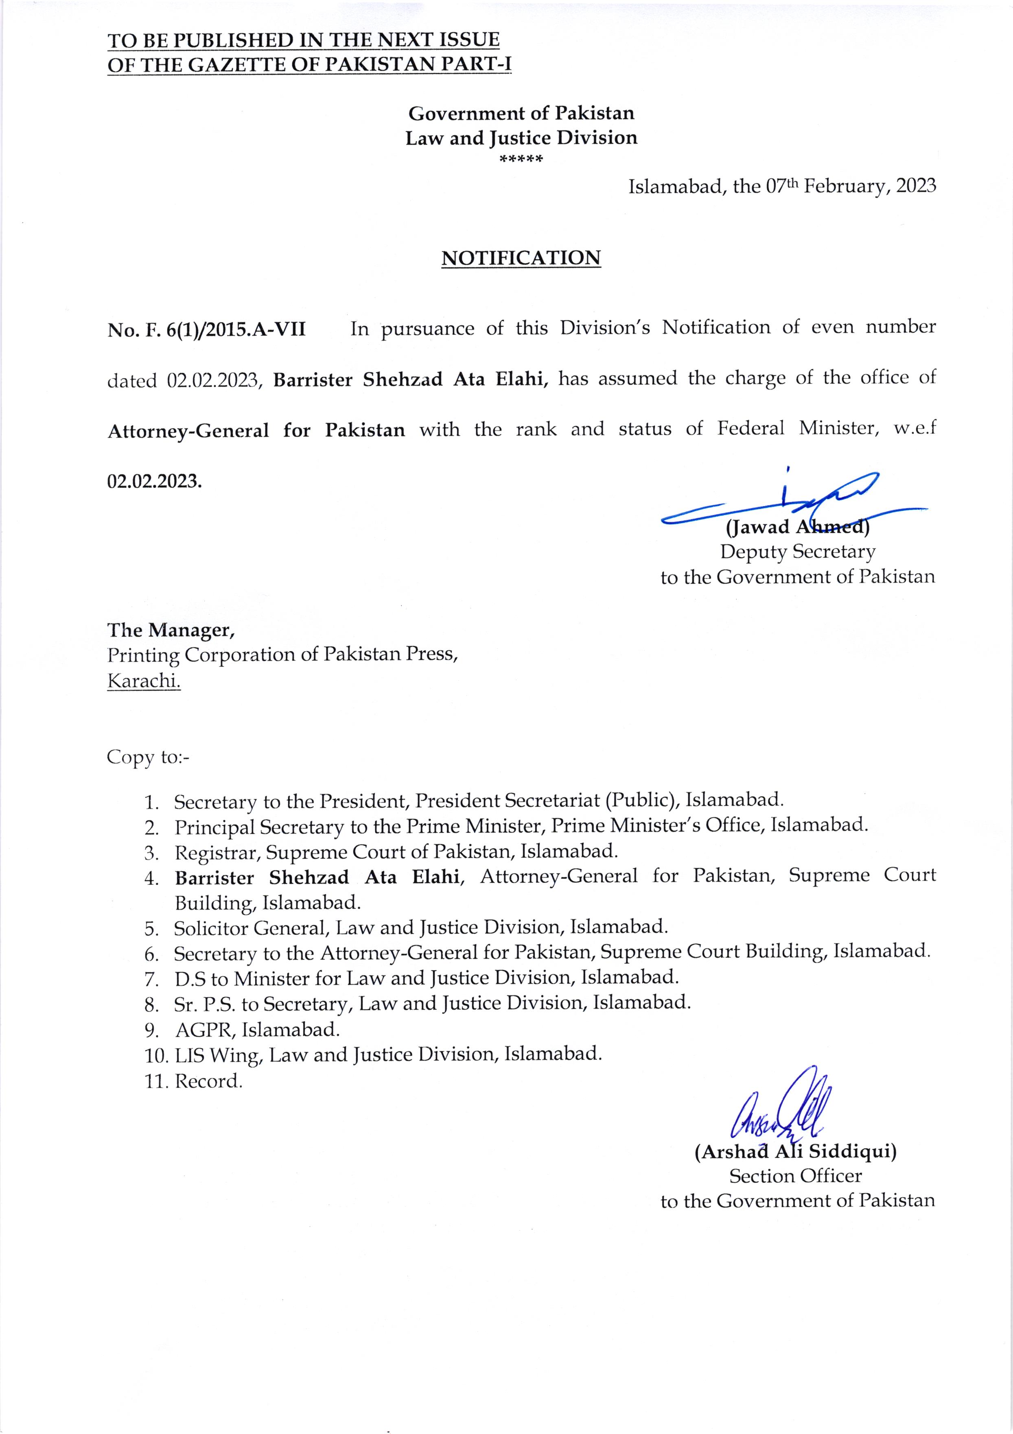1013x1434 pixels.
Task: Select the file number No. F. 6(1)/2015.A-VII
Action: (206, 329)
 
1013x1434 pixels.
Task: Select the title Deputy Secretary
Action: (797, 552)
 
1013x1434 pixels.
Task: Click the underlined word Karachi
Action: (144, 681)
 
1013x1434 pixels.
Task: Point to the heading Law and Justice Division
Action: (521, 138)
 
